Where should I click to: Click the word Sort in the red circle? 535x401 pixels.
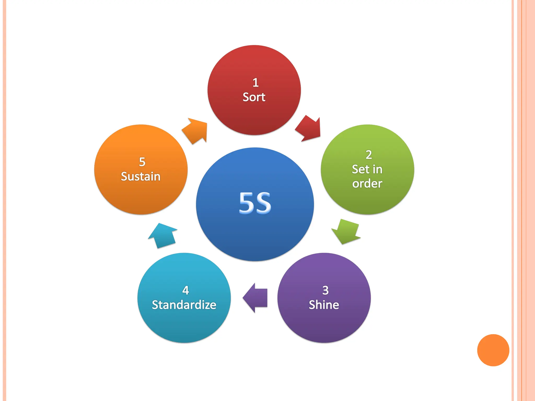pos(254,97)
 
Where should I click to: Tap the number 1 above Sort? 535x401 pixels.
pos(255,83)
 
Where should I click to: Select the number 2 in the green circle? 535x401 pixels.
pos(369,155)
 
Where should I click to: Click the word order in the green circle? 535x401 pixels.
pos(367,184)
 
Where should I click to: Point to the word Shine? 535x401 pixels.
pos(324,305)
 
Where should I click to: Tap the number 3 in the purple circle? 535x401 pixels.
pos(325,290)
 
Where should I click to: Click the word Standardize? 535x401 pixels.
pos(184,305)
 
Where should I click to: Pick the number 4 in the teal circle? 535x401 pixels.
pos(186,290)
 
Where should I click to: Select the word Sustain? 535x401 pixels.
pos(141,176)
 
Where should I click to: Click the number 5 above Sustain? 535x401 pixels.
pos(142,162)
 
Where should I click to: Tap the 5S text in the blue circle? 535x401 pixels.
pos(255,203)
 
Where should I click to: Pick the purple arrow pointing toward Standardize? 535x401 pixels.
pos(255,298)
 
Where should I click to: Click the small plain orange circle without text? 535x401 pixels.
pos(493,350)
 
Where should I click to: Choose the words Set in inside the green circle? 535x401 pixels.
pos(367,169)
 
